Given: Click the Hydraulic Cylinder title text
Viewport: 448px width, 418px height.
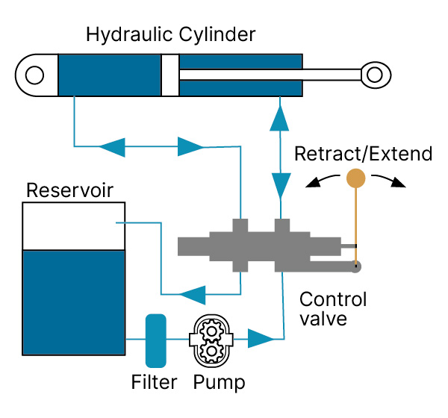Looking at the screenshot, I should tap(170, 34).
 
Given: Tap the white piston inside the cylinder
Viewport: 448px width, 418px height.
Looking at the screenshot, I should tap(170, 75).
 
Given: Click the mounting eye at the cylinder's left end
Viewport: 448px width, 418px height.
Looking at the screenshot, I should tap(34, 75).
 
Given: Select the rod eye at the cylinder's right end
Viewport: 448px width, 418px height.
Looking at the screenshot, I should tap(373, 75).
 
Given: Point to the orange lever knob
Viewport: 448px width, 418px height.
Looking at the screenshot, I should tap(355, 178).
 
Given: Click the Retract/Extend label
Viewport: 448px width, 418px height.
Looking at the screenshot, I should tap(363, 154).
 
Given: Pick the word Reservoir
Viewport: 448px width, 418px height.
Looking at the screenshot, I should tap(69, 190).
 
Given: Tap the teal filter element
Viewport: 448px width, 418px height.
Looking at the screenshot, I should tap(155, 340).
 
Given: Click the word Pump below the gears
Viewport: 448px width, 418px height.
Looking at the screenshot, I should tap(219, 383).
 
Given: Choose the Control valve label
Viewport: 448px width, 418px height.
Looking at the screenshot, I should tap(333, 309).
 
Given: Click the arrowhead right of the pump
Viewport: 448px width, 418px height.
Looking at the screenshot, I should tap(261, 339).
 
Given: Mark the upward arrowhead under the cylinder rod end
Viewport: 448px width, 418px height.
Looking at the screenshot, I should tap(280, 115).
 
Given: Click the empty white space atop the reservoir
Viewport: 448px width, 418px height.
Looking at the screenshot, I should tap(73, 226).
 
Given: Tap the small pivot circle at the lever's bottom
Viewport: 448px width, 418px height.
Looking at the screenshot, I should tap(357, 265).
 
